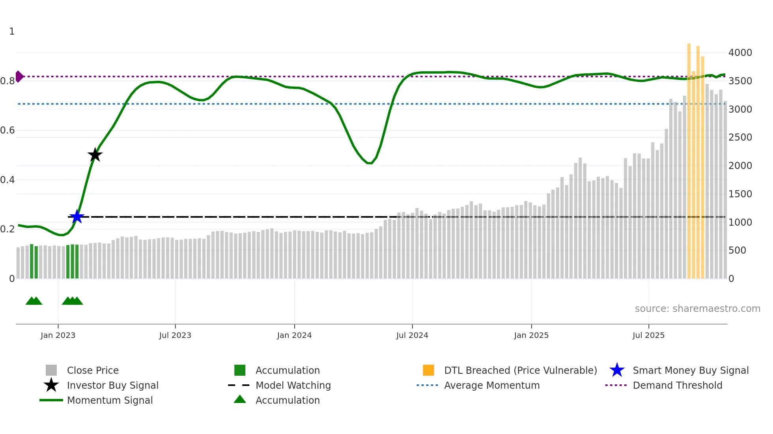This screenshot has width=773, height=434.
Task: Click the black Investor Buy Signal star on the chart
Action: [95, 155]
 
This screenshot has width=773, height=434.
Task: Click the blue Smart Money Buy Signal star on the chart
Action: [77, 217]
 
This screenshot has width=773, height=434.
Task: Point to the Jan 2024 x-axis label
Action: [294, 335]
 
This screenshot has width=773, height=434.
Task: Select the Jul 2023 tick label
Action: [175, 335]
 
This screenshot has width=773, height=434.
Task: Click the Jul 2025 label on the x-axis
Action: [648, 335]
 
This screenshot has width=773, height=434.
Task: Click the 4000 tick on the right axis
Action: [740, 53]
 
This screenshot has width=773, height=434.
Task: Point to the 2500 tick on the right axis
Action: [740, 137]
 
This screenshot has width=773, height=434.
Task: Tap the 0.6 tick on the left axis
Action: [7, 130]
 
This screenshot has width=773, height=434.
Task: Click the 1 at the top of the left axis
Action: [12, 32]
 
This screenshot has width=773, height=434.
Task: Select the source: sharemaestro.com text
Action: [697, 308]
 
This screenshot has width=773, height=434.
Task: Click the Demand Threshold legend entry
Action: [677, 385]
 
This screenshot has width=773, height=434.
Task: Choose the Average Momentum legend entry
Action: [491, 385]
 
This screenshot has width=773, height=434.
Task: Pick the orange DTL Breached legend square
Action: [428, 370]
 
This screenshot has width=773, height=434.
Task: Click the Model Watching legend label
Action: [293, 385]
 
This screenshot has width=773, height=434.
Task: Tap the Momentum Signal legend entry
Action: [110, 400]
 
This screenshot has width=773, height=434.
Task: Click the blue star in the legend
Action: [617, 370]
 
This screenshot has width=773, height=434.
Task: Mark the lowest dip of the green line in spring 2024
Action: [370, 163]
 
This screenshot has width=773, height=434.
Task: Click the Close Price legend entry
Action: [93, 370]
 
